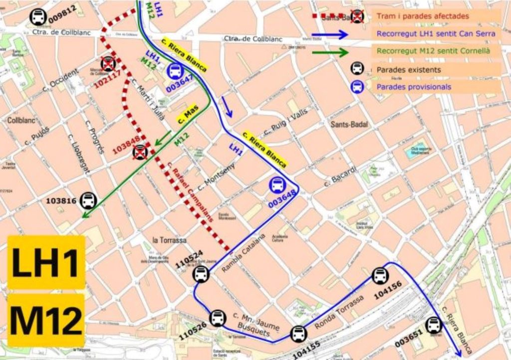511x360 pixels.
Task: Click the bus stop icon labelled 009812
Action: coord(38,17)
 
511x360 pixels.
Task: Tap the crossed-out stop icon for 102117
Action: coord(108,64)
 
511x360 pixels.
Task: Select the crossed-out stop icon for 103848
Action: coord(140,152)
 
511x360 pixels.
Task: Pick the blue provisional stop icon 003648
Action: coord(277,185)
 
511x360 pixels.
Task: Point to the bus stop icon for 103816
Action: coord(88,200)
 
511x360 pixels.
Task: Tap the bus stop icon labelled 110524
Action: coord(201,274)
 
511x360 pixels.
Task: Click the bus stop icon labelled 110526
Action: coord(218,318)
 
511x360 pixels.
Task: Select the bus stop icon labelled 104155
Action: coord(298,334)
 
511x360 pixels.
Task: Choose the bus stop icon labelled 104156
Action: coord(380,276)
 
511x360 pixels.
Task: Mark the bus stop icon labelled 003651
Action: coord(434,325)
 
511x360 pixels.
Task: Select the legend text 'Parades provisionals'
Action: coord(414,87)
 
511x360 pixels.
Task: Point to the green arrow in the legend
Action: coord(330,52)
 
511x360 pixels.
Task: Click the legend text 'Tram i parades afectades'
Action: coord(423,16)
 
